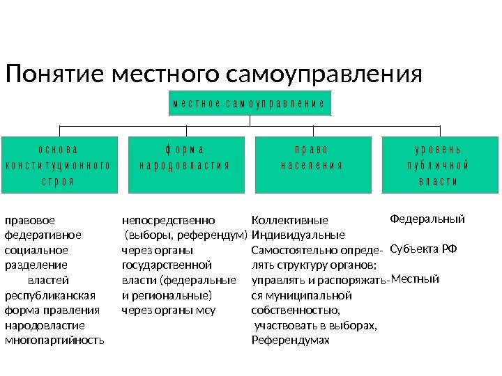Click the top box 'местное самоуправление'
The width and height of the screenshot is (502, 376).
[249, 102]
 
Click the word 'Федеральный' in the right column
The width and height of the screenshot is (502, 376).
[427, 219]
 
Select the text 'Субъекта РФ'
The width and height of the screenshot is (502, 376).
[423, 249]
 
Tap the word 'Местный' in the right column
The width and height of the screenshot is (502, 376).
[415, 279]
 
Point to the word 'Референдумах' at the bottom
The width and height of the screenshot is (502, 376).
[289, 341]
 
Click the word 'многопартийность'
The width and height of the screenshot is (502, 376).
[54, 341]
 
